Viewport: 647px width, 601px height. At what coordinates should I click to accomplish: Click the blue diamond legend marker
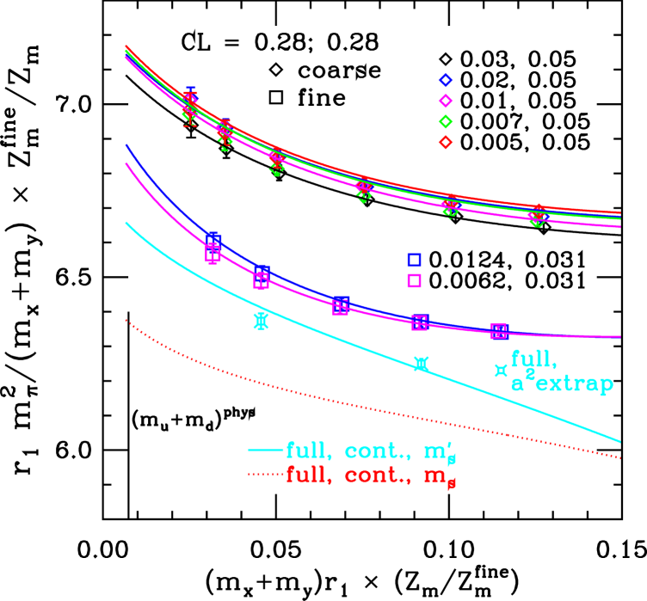446,80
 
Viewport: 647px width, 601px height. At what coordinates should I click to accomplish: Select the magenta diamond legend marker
446,101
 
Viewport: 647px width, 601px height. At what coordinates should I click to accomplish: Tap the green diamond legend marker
446,121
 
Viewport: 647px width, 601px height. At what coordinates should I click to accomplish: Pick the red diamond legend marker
446,142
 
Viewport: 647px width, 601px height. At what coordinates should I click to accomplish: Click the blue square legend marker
414,260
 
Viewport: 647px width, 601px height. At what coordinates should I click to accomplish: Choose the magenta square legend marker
414,280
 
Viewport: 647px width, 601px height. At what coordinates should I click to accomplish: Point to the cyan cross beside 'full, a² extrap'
500,370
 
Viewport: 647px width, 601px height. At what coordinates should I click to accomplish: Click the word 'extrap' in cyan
574,383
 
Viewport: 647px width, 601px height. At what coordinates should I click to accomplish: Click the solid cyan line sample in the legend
265,451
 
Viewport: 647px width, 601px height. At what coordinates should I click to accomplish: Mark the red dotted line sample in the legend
265,475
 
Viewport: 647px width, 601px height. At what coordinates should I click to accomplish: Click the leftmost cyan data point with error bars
261,321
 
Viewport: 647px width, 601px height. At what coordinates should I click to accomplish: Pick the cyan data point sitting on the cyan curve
421,364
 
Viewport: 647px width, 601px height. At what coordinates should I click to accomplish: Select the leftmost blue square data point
213,240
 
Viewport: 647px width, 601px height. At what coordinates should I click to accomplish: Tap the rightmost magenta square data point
498,331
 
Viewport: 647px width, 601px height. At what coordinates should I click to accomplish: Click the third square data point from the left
341,305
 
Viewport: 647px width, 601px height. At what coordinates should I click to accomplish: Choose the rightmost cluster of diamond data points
537,217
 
